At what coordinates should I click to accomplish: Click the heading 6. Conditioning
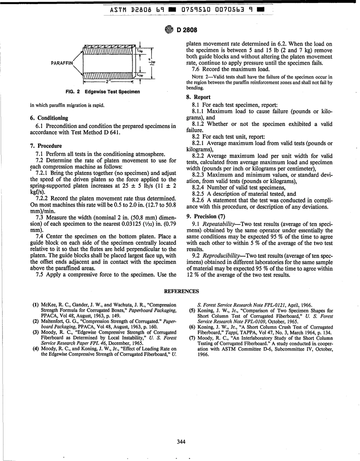pyautogui.click(x=49, y=118)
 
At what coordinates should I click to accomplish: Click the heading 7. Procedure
pyautogui.click(x=45, y=146)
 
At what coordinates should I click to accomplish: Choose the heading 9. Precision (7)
pyautogui.click(x=205, y=217)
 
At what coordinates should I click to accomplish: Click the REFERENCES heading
pyautogui.click(x=181, y=291)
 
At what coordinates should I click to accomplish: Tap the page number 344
pyautogui.click(x=181, y=441)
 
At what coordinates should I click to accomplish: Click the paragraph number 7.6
pyautogui.click(x=196, y=69)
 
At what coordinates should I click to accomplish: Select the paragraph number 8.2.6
pyautogui.click(x=199, y=200)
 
